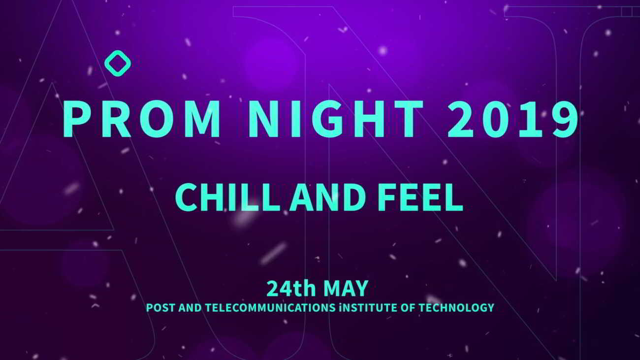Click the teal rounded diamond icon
point(118,63)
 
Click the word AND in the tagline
point(327,197)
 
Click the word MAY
point(346,289)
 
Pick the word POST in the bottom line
point(160,308)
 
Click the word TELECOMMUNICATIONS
point(270,308)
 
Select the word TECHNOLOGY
point(456,308)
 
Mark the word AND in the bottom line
point(190,308)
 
